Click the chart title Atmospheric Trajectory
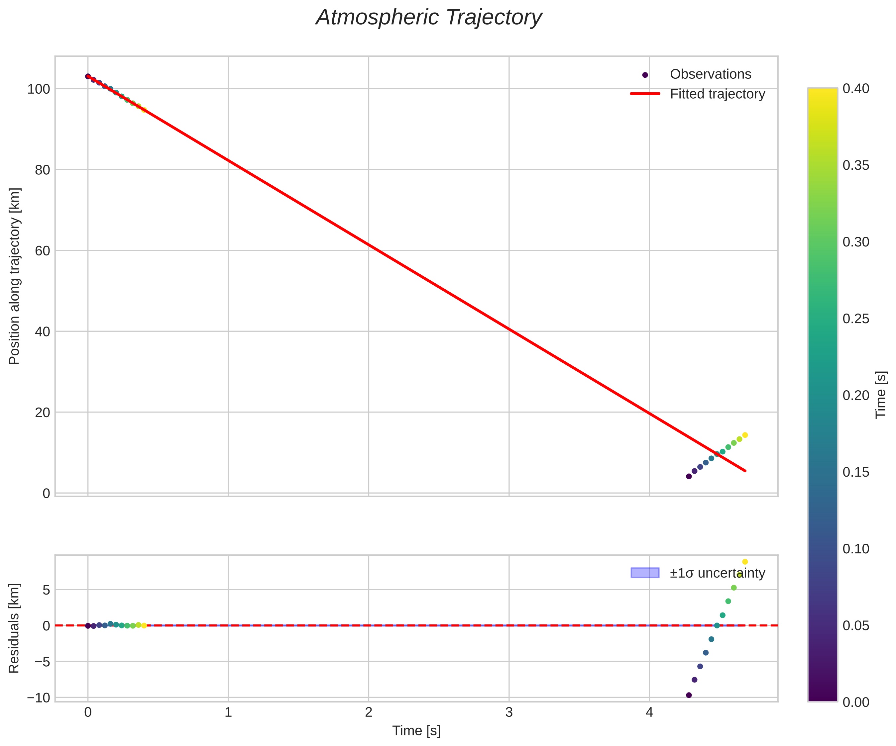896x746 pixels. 428,18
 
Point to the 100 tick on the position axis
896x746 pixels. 39,89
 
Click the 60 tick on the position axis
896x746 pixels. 42,251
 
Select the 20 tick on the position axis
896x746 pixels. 42,413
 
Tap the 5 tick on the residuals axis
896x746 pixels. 46,590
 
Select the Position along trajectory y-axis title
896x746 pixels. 15,276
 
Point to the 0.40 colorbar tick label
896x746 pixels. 855,89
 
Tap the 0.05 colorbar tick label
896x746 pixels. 855,625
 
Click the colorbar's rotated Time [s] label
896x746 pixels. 881,395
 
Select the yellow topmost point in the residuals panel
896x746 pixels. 745,562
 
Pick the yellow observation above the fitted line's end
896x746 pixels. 745,435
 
